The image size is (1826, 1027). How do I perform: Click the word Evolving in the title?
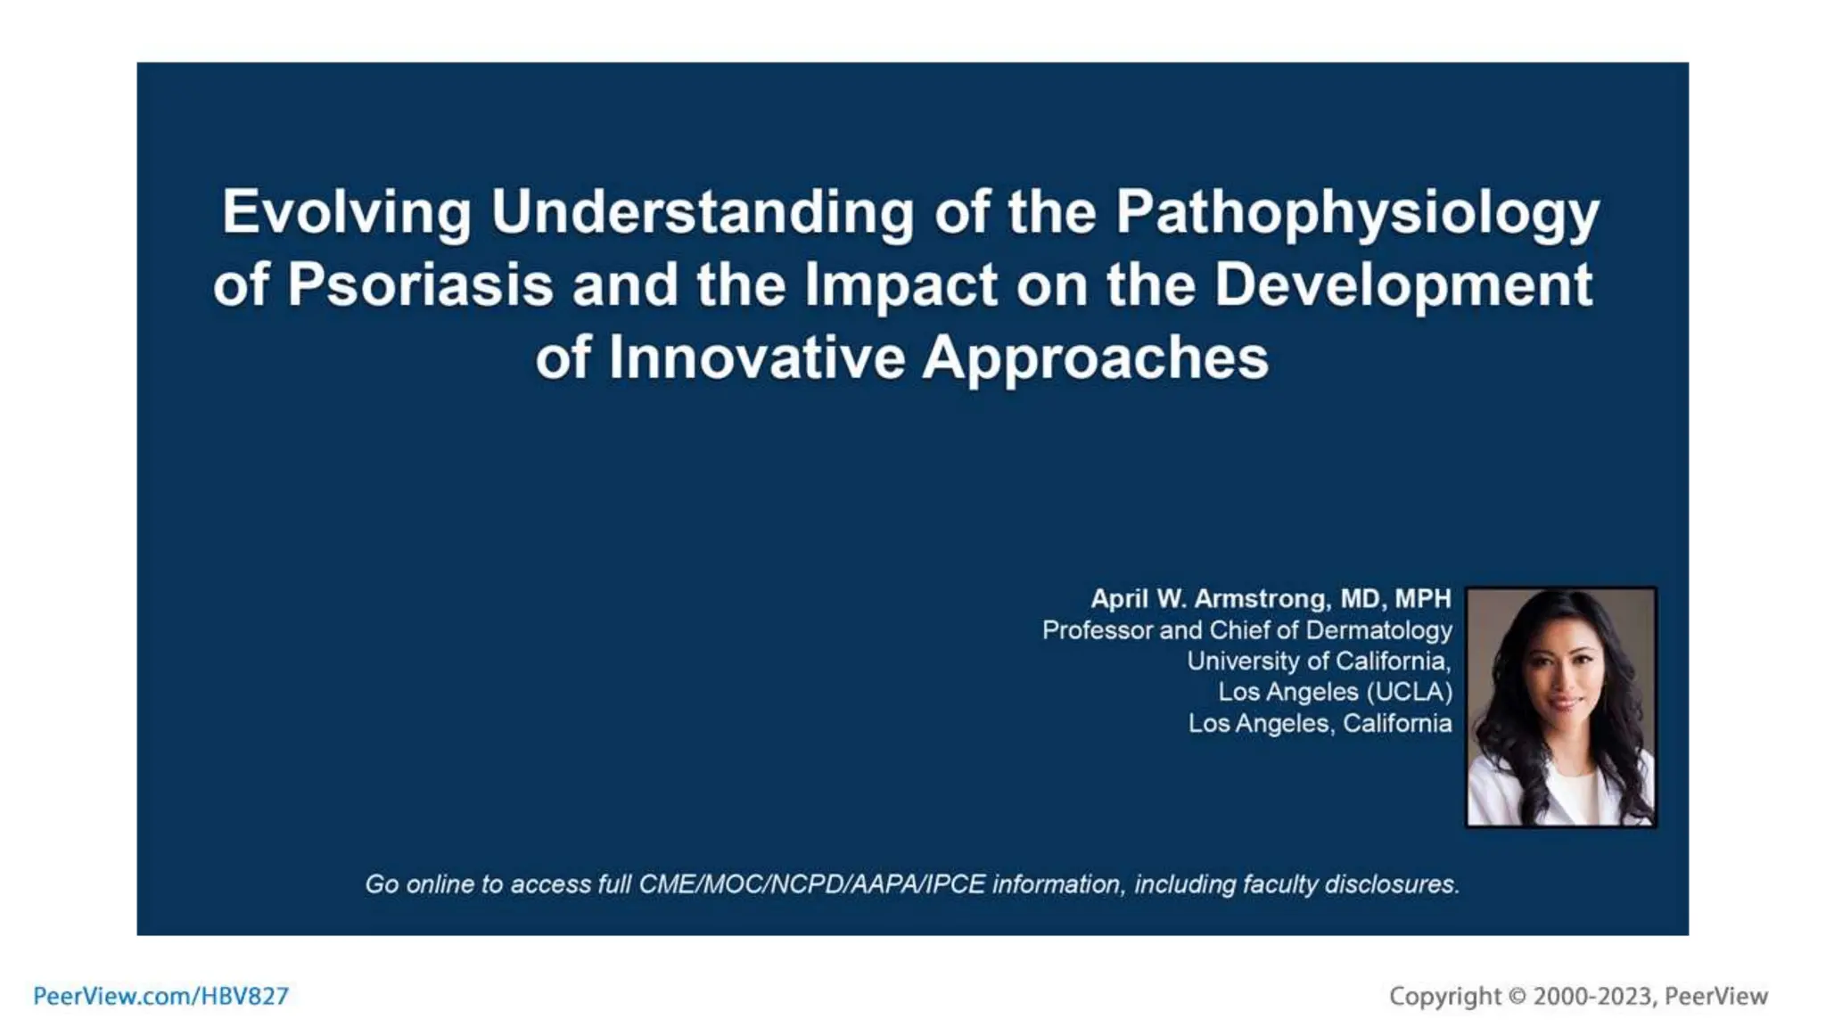click(346, 212)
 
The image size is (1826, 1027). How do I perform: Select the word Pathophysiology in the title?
click(1357, 214)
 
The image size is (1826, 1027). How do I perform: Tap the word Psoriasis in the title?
click(420, 285)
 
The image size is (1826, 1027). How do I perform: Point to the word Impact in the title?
click(901, 285)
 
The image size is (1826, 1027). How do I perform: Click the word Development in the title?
click(1402, 285)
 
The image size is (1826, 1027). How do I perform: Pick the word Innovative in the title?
click(756, 358)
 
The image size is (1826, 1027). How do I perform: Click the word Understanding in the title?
click(703, 212)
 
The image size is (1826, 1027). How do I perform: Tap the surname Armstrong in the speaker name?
click(1262, 598)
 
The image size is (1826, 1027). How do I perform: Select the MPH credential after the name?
click(1423, 598)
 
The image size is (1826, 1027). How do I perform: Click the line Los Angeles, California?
click(1320, 723)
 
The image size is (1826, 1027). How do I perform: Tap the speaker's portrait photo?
click(1560, 706)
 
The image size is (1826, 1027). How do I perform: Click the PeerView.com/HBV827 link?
click(160, 996)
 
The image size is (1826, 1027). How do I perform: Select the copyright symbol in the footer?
click(1517, 996)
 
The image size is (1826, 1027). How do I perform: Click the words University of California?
click(1318, 661)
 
